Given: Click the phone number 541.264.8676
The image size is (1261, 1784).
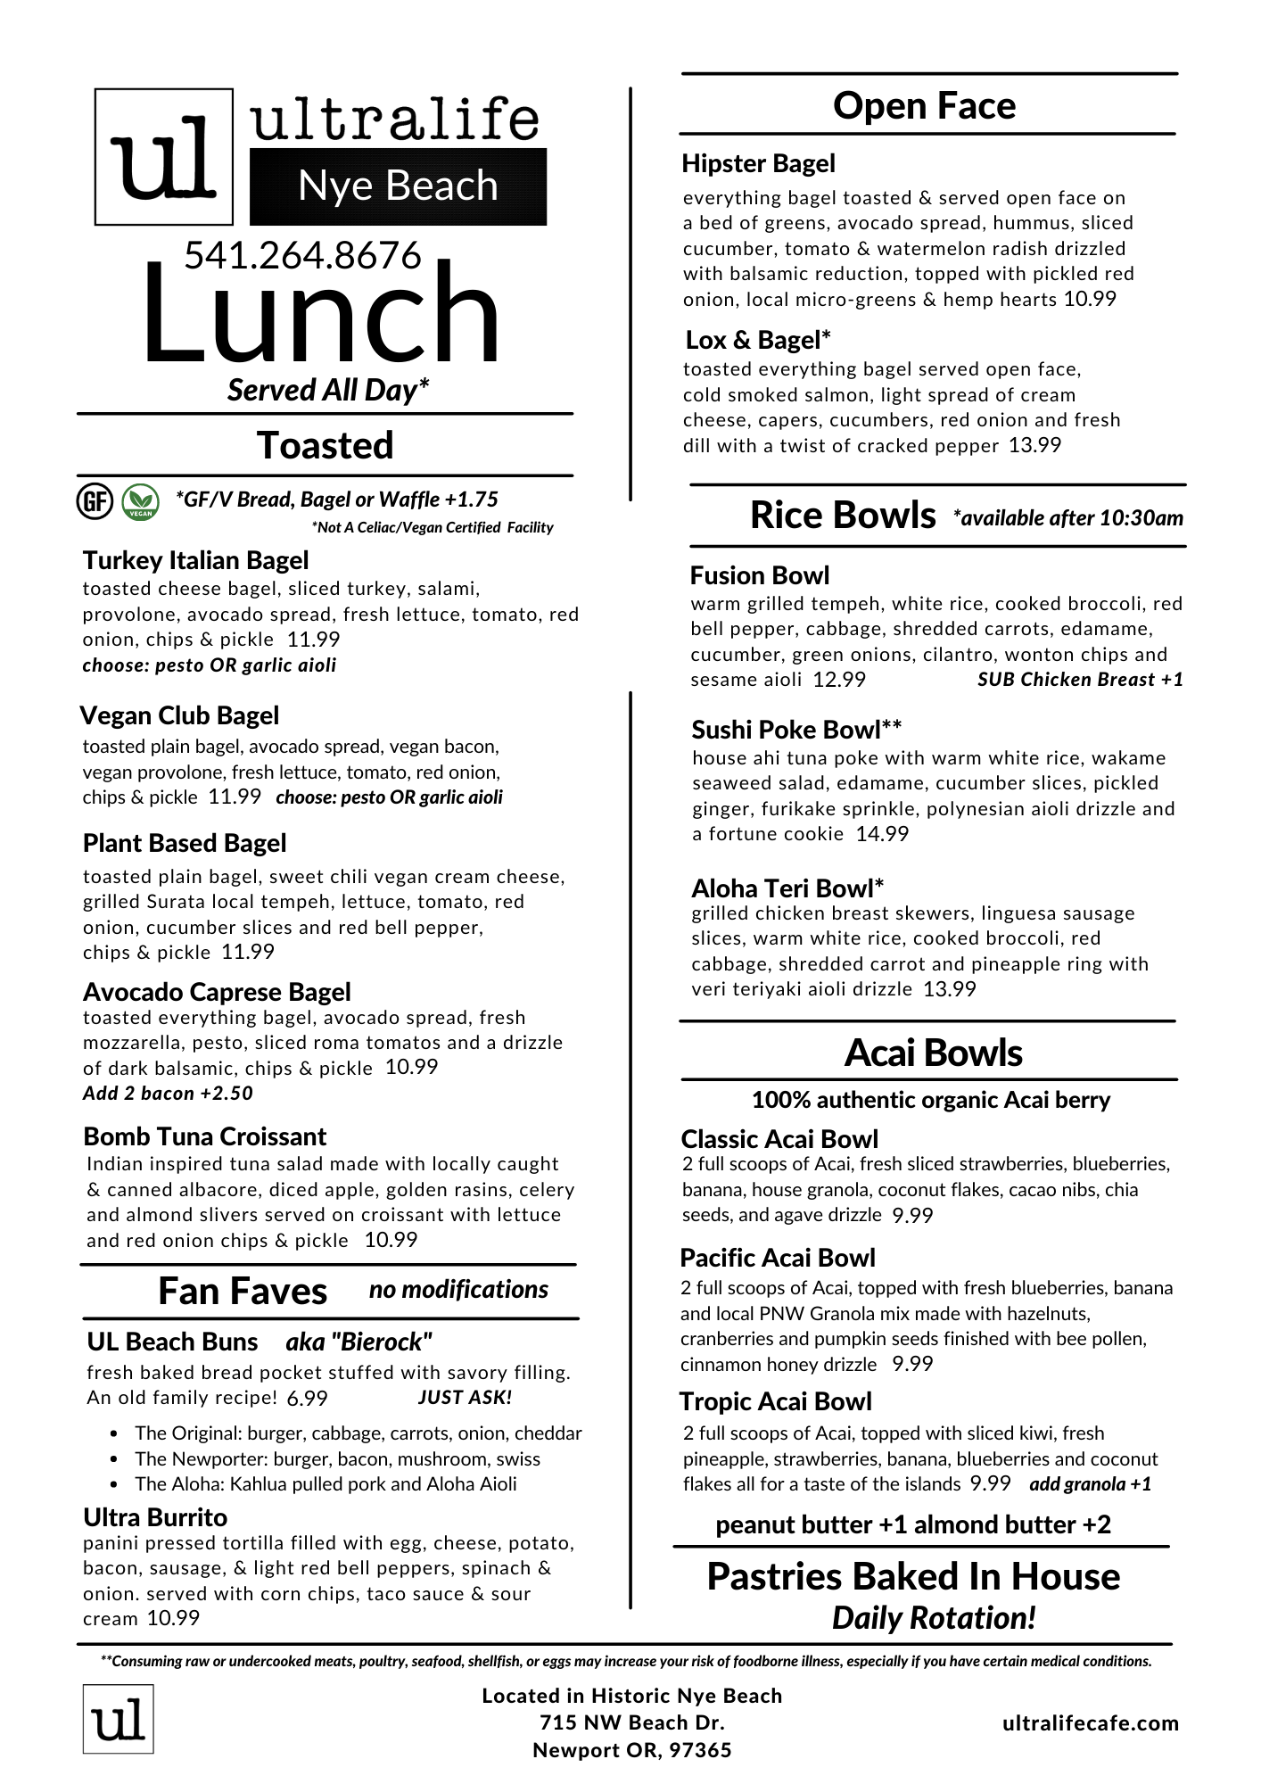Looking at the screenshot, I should click(x=302, y=256).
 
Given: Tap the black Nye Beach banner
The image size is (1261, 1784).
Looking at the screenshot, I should click(x=398, y=186).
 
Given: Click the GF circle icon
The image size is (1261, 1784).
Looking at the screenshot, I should click(x=94, y=501).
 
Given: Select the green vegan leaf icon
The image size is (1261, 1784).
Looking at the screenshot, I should click(x=140, y=501).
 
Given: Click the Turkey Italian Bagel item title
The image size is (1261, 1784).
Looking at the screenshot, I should click(x=195, y=560).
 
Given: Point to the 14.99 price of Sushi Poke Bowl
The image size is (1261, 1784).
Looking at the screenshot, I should click(x=882, y=834).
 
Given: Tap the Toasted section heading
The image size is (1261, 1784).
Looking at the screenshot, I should click(x=325, y=445).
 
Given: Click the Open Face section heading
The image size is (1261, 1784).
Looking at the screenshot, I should click(x=924, y=105).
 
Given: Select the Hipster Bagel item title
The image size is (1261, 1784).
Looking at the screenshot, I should click(x=758, y=163).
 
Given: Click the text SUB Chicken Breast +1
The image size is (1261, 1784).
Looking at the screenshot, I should click(x=1080, y=680).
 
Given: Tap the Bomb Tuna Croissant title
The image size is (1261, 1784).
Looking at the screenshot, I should click(x=204, y=1136).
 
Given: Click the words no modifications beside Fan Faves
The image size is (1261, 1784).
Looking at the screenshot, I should click(x=458, y=1290).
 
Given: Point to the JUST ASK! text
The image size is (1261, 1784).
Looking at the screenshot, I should click(x=465, y=1398).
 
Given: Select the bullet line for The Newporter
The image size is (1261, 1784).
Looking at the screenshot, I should click(x=337, y=1459).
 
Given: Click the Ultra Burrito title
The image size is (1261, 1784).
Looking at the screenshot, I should click(x=155, y=1517).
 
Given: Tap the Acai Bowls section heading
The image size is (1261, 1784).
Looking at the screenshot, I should click(x=933, y=1053).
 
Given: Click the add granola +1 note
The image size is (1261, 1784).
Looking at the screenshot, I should click(x=1090, y=1484).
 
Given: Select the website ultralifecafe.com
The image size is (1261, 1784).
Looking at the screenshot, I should click(x=1090, y=1723).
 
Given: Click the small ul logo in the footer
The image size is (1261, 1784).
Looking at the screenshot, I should click(x=119, y=1719).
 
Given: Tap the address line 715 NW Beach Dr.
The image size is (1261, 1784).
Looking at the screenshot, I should click(x=631, y=1722).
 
